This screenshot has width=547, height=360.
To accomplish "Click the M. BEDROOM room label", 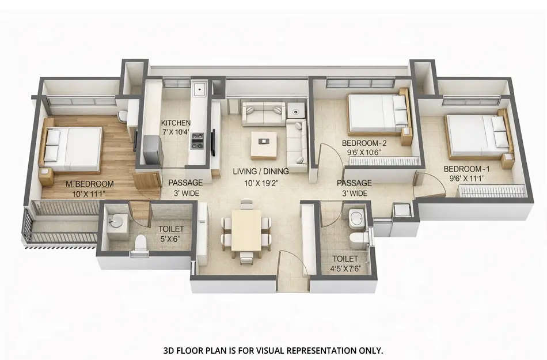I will coord(89,184).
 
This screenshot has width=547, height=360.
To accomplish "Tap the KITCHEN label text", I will coord(176,123).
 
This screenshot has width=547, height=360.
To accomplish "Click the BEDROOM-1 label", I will coord(464,169).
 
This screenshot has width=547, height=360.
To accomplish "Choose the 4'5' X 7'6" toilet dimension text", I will coord(345,268).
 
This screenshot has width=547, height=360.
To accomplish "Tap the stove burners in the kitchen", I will coord(197,141).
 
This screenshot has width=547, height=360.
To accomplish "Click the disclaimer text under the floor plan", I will coord(273,350).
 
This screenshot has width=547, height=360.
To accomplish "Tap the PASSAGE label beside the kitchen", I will coord(185,183).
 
